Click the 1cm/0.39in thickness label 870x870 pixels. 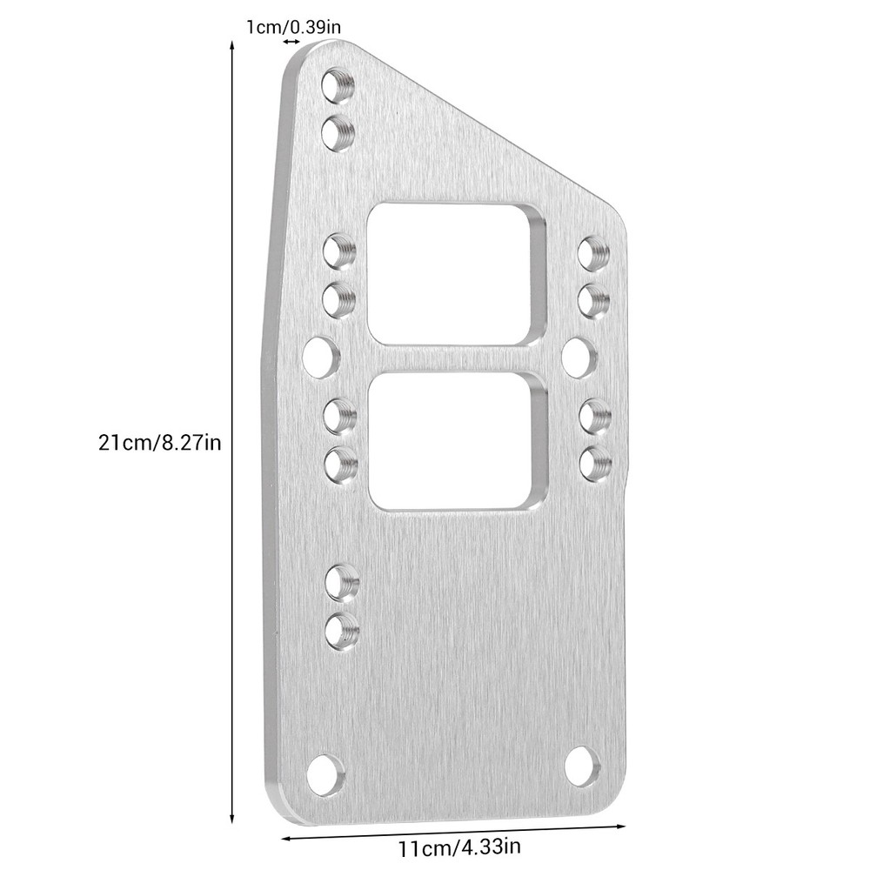pyautogui.click(x=292, y=27)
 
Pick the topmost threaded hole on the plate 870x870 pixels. pyautogui.click(x=337, y=85)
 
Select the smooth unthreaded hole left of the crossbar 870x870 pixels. pyautogui.click(x=320, y=357)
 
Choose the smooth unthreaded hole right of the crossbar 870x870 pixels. pyautogui.click(x=579, y=357)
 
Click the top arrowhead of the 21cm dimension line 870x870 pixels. pyautogui.click(x=232, y=49)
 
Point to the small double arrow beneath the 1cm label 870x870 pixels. pyautogui.click(x=291, y=42)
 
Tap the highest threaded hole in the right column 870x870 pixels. pyautogui.click(x=593, y=253)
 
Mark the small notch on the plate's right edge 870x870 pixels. pyautogui.click(x=628, y=475)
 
